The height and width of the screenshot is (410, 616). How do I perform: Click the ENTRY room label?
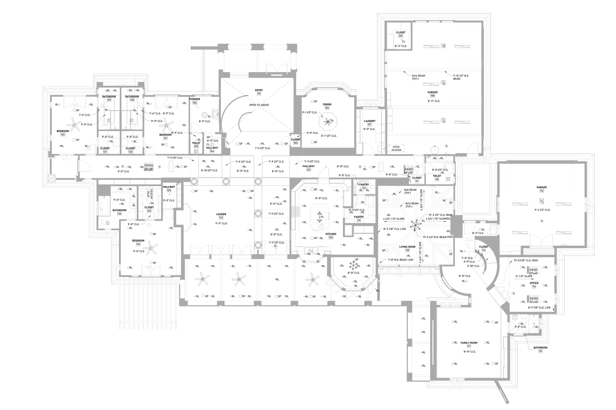point(259,90)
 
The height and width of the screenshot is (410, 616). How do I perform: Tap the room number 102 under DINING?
point(327,108)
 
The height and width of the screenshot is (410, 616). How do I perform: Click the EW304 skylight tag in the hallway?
point(149,165)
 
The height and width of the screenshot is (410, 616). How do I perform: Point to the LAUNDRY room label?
point(370,121)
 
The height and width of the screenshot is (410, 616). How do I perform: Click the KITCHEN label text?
point(331,234)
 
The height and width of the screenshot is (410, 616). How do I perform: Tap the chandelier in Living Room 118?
point(416,224)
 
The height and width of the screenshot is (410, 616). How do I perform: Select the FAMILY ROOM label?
point(469,343)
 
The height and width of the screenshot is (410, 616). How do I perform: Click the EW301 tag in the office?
point(533,270)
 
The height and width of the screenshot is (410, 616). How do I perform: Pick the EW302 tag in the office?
point(533,298)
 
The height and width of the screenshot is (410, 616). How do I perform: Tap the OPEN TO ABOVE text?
point(259,105)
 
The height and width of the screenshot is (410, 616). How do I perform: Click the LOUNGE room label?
point(221,214)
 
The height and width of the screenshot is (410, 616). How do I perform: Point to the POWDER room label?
point(195,99)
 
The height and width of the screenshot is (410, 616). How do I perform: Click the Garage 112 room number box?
point(541,191)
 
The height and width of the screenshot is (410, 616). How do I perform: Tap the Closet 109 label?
point(401,32)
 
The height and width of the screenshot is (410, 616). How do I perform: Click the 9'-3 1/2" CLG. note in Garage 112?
point(542,210)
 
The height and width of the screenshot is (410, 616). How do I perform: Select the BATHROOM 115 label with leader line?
point(540,348)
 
